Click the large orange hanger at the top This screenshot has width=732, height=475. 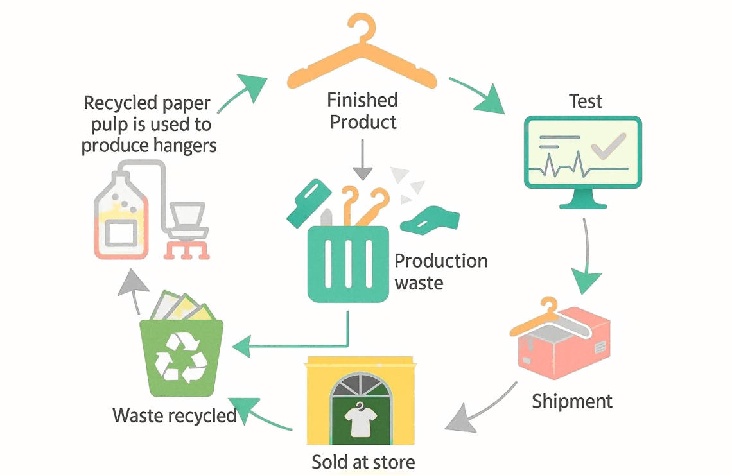point(362,61)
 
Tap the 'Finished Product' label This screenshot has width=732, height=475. point(363,110)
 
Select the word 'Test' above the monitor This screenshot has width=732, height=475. point(585,101)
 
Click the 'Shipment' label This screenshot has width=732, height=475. point(572,402)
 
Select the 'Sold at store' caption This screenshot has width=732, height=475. point(363,462)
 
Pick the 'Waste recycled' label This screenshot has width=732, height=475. point(175,415)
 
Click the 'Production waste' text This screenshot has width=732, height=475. point(440,272)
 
